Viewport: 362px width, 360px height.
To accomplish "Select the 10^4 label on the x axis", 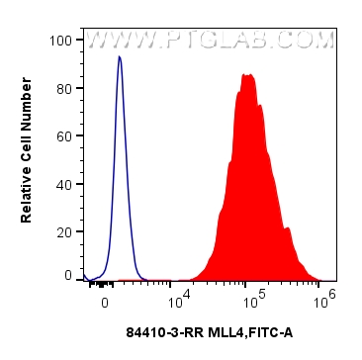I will [178, 298].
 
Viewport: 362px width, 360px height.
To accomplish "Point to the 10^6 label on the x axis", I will [322, 298].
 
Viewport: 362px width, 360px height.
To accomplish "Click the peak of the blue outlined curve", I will [119, 57].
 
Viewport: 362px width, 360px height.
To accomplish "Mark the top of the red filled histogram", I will [247, 74].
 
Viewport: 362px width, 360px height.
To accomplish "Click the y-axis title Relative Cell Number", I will [28, 158].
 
